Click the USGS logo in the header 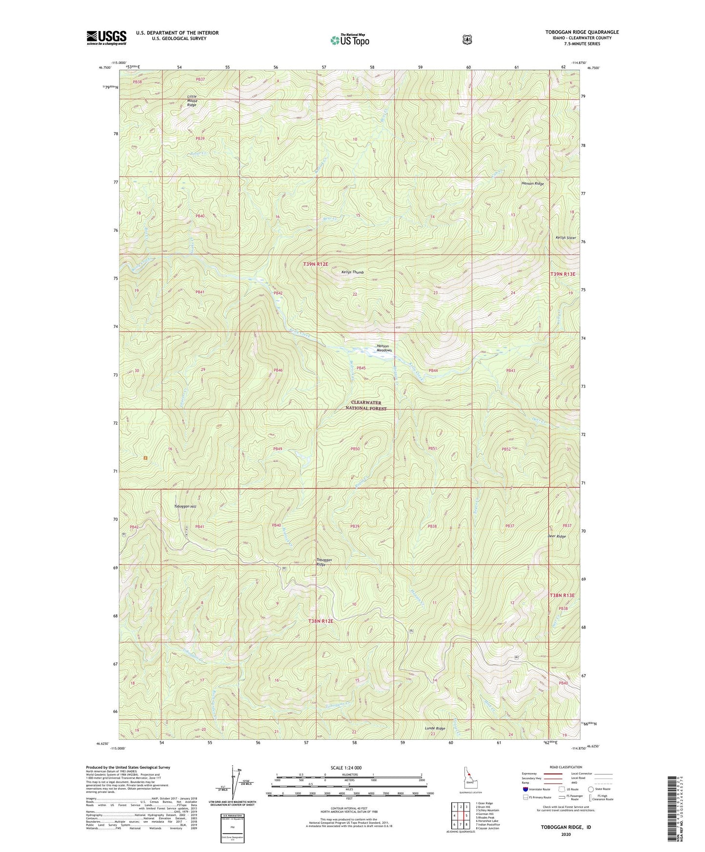pyautogui.click(x=106, y=38)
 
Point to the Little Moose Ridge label pyautogui.click(x=192, y=101)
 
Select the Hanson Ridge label pyautogui.click(x=532, y=183)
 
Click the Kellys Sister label pyautogui.click(x=565, y=238)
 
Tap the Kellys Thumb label pyautogui.click(x=352, y=272)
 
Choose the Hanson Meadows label pyautogui.click(x=384, y=348)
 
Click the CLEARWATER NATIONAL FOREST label pyautogui.click(x=366, y=406)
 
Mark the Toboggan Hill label pyautogui.click(x=185, y=507)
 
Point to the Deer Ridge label pyautogui.click(x=556, y=536)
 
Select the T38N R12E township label pyautogui.click(x=321, y=621)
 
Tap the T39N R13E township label pyautogui.click(x=563, y=274)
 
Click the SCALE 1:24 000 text pyautogui.click(x=346, y=768)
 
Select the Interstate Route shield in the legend pyautogui.click(x=525, y=789)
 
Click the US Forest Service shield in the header pyautogui.click(x=467, y=40)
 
